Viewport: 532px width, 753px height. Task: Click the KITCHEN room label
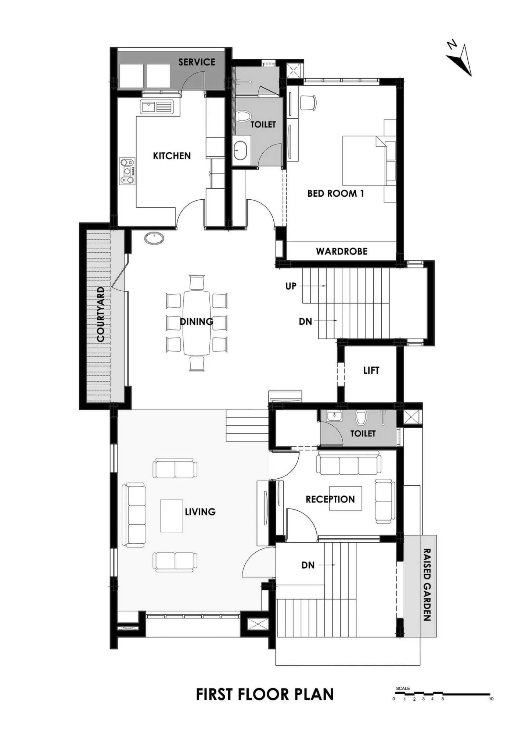(x=172, y=156)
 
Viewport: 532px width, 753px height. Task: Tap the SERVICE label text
(x=197, y=62)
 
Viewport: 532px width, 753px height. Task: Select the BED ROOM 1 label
(x=336, y=193)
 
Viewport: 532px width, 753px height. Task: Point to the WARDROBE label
(x=342, y=251)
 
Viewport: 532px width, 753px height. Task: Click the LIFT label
(x=371, y=370)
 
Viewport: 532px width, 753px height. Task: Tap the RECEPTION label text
(x=330, y=499)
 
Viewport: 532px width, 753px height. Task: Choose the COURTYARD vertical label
(x=101, y=314)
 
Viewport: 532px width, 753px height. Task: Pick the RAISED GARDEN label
(x=427, y=585)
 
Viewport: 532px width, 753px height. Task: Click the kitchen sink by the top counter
(x=157, y=107)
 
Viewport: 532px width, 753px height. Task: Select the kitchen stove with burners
(x=127, y=171)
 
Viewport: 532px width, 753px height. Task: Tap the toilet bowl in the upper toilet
(x=242, y=117)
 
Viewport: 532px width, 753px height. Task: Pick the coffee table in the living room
(x=172, y=516)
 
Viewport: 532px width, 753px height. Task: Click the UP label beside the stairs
(x=291, y=286)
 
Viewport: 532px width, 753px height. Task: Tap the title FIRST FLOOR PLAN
(x=265, y=695)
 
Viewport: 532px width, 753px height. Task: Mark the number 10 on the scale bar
(x=491, y=699)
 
